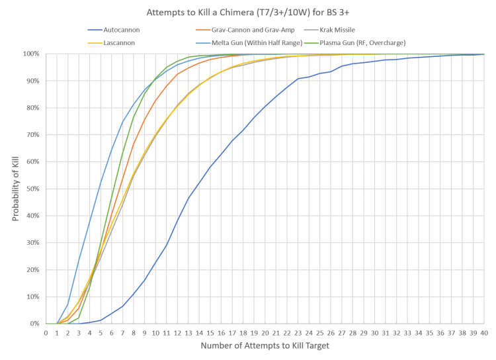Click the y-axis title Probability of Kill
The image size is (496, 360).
tap(16, 189)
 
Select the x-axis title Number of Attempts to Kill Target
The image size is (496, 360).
tap(266, 346)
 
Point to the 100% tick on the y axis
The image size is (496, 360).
tap(34, 53)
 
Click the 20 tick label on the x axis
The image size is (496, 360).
tap(266, 332)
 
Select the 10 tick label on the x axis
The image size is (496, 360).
tap(155, 332)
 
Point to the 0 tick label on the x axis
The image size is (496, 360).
tap(46, 332)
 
